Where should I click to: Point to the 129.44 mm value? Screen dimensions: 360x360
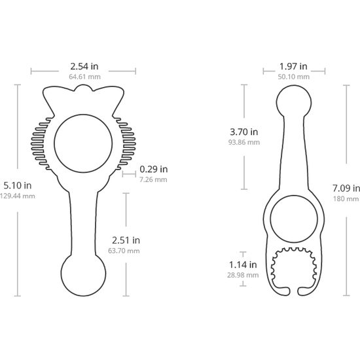click(16, 196)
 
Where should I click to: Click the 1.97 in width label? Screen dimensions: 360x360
click(293, 66)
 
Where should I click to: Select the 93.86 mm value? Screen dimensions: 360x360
click(244, 142)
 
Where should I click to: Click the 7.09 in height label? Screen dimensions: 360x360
click(346, 187)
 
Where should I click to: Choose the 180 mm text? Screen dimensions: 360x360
click(346, 198)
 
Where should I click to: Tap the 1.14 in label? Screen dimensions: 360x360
click(243, 264)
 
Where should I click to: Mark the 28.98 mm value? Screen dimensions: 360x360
click(243, 275)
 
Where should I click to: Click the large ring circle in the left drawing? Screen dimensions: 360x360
click(83, 143)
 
